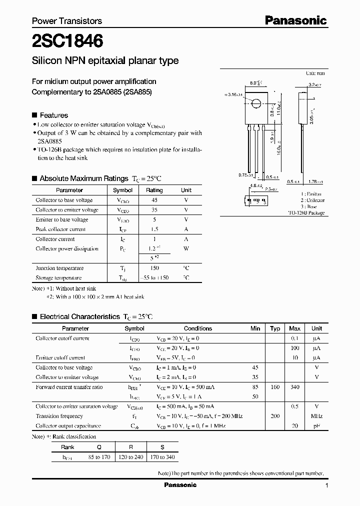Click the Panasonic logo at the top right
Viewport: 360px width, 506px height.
click(x=295, y=20)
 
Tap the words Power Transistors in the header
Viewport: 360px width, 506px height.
click(x=67, y=21)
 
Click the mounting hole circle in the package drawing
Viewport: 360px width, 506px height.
click(x=256, y=104)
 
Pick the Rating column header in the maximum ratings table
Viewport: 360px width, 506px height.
click(x=154, y=190)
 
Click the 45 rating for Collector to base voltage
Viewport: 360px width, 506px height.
click(x=154, y=200)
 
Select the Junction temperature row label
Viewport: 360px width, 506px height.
click(x=59, y=268)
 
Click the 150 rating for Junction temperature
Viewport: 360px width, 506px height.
click(x=154, y=268)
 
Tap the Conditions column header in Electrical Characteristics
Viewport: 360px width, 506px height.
click(x=198, y=328)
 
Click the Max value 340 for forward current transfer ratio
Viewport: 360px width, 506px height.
click(x=294, y=387)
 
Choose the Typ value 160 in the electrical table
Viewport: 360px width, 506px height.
click(x=275, y=387)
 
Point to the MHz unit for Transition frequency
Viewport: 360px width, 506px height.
click(x=316, y=416)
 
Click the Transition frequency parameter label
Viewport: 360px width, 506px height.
click(x=59, y=416)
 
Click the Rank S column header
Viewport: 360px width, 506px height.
click(x=162, y=447)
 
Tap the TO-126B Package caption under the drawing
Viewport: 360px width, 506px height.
click(x=306, y=213)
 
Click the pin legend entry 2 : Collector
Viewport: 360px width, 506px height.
click(x=312, y=200)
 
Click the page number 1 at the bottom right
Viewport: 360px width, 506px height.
click(x=326, y=485)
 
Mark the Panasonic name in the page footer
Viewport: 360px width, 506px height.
click(x=180, y=485)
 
